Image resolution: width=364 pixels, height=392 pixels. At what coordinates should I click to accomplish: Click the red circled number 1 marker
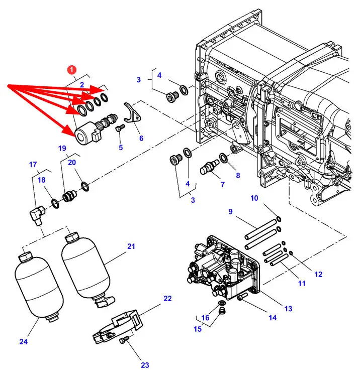pyautogui.click(x=72, y=70)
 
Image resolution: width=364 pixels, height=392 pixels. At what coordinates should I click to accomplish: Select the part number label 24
pyautogui.click(x=23, y=341)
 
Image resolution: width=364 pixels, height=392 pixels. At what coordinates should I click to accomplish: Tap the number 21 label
pyautogui.click(x=131, y=246)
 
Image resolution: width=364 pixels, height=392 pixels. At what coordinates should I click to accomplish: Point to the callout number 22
pyautogui.click(x=167, y=298)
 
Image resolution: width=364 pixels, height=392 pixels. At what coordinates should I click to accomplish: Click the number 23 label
pyautogui.click(x=145, y=365)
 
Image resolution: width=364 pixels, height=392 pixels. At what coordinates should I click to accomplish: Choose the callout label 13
pyautogui.click(x=289, y=309)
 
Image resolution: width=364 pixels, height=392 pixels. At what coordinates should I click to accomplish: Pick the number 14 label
pyautogui.click(x=272, y=318)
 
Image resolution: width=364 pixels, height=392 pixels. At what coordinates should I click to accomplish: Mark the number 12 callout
pyautogui.click(x=318, y=274)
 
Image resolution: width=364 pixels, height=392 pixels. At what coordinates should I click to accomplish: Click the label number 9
pyautogui.click(x=230, y=211)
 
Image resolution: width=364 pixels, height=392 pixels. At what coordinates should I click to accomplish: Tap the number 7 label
pyautogui.click(x=223, y=184)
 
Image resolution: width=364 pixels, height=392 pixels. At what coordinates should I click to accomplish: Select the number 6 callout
pyautogui.click(x=141, y=138)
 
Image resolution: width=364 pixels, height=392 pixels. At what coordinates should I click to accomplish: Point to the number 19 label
pyautogui.click(x=62, y=148)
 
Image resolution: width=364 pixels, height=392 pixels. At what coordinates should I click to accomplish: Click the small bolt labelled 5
pyautogui.click(x=120, y=128)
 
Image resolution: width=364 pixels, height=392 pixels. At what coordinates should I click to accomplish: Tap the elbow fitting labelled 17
pyautogui.click(x=37, y=214)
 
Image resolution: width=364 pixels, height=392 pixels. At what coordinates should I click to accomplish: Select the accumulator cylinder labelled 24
pyautogui.click(x=39, y=288)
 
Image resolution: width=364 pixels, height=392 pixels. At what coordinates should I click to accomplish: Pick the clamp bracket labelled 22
pyautogui.click(x=118, y=326)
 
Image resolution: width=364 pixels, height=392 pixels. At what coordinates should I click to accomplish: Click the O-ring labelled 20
pyautogui.click(x=85, y=187)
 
